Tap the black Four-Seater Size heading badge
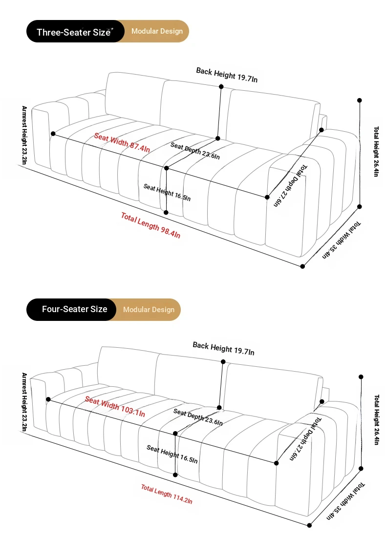click(x=71, y=310)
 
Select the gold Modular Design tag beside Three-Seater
click(x=157, y=31)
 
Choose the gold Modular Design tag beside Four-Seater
click(x=149, y=310)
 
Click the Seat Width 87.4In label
click(x=122, y=142)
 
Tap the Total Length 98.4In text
click(x=150, y=225)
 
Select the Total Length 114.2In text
click(x=167, y=494)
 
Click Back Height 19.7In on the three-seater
click(x=227, y=75)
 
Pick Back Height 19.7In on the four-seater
click(x=224, y=348)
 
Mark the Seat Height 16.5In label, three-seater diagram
click(x=167, y=193)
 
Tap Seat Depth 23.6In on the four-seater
click(x=198, y=417)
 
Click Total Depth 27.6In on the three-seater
click(x=290, y=186)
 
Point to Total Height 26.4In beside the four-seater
click(x=376, y=420)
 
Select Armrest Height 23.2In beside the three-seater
click(x=24, y=135)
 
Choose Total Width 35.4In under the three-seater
click(x=342, y=240)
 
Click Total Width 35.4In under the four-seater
click(x=345, y=501)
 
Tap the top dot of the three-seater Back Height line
click(x=221, y=87)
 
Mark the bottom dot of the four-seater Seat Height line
click(x=175, y=475)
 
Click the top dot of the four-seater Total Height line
click(x=361, y=376)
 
